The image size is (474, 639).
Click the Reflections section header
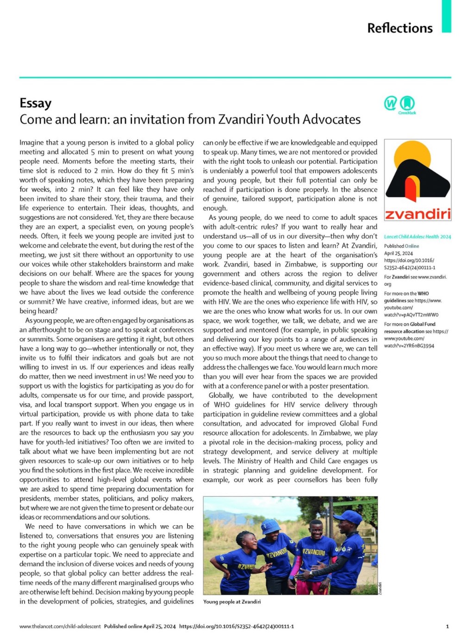pos(399,28)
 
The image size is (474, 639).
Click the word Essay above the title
pos(36,103)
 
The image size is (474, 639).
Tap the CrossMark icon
pos(407,103)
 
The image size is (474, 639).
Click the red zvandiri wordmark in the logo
pos(418,214)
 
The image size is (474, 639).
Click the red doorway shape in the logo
pos(410,189)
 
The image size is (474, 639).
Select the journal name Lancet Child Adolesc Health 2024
pos(417,236)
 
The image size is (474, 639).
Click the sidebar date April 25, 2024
pos(399,253)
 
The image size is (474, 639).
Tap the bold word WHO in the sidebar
pos(423,293)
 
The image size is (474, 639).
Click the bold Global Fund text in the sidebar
pos(423,324)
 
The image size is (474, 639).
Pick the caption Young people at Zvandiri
pos(232,602)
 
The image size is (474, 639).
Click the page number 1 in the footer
pos(447,627)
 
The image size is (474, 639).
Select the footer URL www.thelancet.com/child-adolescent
pos(60,627)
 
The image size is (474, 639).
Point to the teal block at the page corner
pos(446,16)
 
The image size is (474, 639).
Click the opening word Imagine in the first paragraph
pos(32,143)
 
